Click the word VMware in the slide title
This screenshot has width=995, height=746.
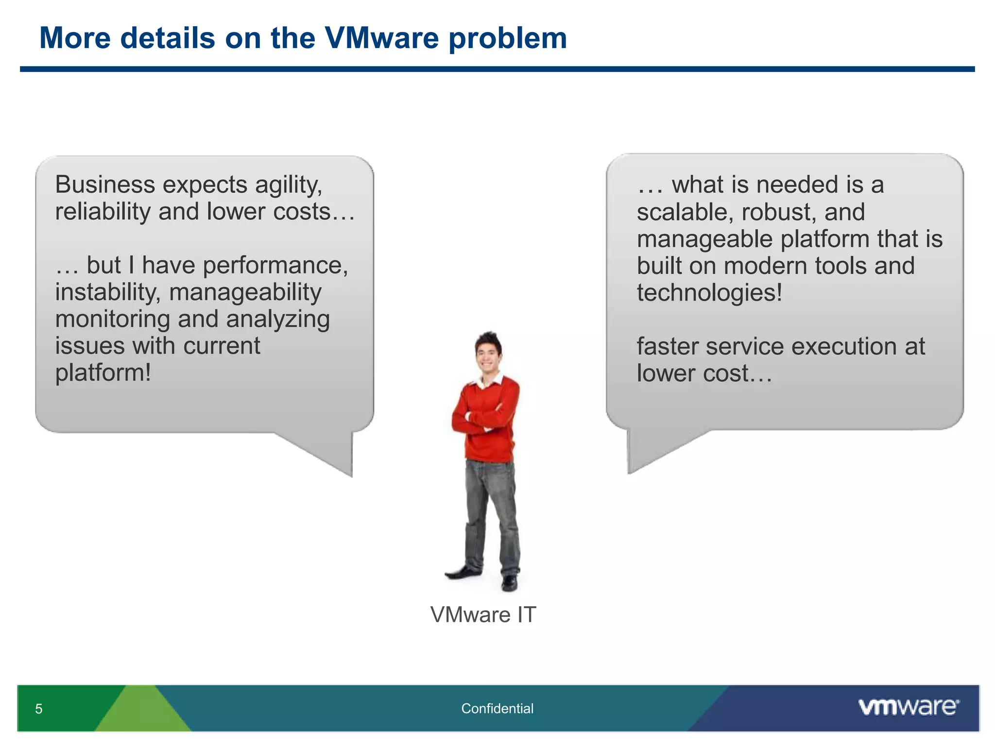point(381,38)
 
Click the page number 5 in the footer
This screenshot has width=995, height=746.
point(39,709)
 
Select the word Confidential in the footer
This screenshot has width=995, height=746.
point(497,709)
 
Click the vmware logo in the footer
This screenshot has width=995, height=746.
point(908,707)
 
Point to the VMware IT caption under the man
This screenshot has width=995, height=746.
point(483,615)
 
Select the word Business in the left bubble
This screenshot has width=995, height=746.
point(104,185)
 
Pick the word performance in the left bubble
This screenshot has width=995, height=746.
point(275,266)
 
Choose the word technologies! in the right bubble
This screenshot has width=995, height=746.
point(709,293)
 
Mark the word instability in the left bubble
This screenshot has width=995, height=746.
point(107,292)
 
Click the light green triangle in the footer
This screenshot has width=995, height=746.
point(142,712)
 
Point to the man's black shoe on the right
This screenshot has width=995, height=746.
point(509,582)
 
